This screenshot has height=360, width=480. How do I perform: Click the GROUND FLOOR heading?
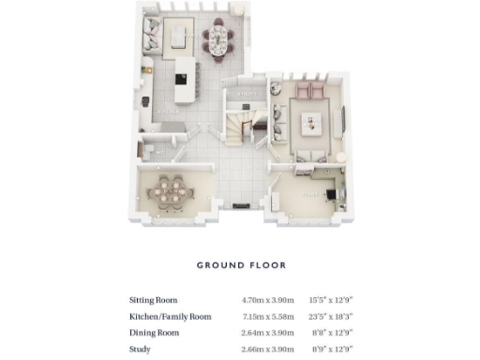240,265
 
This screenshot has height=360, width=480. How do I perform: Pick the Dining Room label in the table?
152,333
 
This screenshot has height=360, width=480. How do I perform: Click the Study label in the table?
141,349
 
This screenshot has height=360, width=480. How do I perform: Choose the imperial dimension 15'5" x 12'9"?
331,300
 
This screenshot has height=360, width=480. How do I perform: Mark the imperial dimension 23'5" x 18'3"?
331,317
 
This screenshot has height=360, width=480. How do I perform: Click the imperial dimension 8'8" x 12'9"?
333,333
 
